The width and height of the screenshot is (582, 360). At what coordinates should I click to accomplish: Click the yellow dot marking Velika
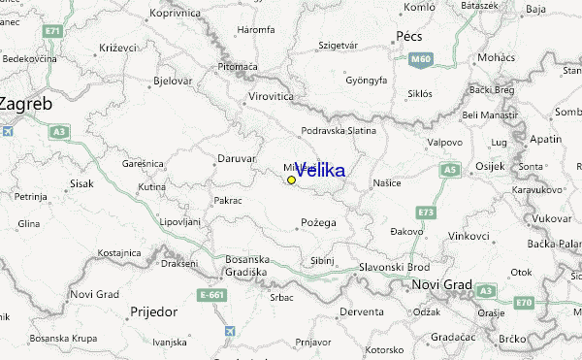point(291,180)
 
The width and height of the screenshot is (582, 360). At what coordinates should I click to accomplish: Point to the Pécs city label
point(409,36)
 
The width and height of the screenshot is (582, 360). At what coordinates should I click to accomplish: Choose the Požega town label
point(317,222)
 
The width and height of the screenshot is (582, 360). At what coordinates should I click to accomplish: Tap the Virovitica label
point(272,99)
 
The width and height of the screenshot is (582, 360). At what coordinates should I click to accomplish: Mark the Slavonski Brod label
point(394,267)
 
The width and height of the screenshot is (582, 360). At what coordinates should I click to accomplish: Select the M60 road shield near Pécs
point(419,60)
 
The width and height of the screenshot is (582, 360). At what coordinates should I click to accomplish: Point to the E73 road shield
point(426,211)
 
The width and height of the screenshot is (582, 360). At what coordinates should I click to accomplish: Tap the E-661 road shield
point(212,295)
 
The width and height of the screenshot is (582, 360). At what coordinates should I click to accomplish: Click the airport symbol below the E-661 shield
point(229,332)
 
